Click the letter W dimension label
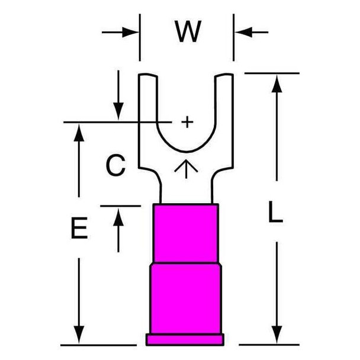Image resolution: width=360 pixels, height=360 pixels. point(188,31)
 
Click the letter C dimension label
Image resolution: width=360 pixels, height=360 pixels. point(115,165)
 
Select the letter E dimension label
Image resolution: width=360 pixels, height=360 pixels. point(79,228)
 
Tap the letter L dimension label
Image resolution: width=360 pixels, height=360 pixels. point(275,212)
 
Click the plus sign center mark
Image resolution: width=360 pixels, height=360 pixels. point(187,122)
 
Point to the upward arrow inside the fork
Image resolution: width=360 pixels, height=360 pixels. point(186,169)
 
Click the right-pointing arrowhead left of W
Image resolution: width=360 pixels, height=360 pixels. point(130,33)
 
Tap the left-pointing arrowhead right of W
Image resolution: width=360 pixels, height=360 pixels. point(243,33)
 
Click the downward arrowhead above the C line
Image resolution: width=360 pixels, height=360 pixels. point(118,111)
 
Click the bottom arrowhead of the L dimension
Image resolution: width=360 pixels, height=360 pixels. point(277,335)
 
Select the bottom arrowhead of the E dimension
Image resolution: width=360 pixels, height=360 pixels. point(79,335)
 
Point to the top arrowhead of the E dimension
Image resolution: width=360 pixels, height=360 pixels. point(79,132)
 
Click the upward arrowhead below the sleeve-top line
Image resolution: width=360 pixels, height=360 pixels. point(118,217)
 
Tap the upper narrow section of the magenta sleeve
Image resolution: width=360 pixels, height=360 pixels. point(186,233)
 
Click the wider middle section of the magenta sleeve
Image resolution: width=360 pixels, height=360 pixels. point(186,298)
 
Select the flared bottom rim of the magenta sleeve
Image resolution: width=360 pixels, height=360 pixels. point(185,340)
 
